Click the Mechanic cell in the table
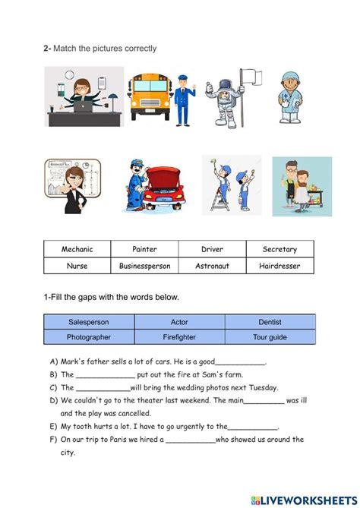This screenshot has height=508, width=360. [77, 249]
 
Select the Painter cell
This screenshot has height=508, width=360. [144, 249]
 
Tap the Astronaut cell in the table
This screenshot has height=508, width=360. [212, 266]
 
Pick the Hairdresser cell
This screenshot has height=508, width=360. [279, 266]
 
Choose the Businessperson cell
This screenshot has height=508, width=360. [144, 266]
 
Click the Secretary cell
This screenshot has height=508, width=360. [279, 249]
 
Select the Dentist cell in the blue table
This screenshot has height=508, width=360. [270, 322]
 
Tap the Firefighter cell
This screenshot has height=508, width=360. [179, 336]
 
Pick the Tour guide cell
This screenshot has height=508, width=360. [270, 336]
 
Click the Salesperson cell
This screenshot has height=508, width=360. [89, 322]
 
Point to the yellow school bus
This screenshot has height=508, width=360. [148, 96]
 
